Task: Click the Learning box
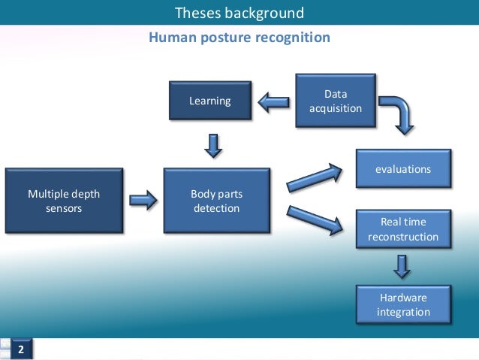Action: pos(209,101)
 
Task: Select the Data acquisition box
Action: pos(335,101)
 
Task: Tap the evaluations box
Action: pos(403,169)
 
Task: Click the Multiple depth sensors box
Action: pos(64,200)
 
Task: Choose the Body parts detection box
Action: pos(216,200)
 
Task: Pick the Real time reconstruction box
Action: pos(403,229)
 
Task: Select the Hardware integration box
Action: pos(403,304)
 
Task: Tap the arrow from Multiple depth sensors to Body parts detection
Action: pos(143,200)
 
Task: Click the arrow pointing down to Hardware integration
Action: pos(403,265)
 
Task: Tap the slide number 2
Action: pos(21,350)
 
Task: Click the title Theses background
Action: pos(239,13)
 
